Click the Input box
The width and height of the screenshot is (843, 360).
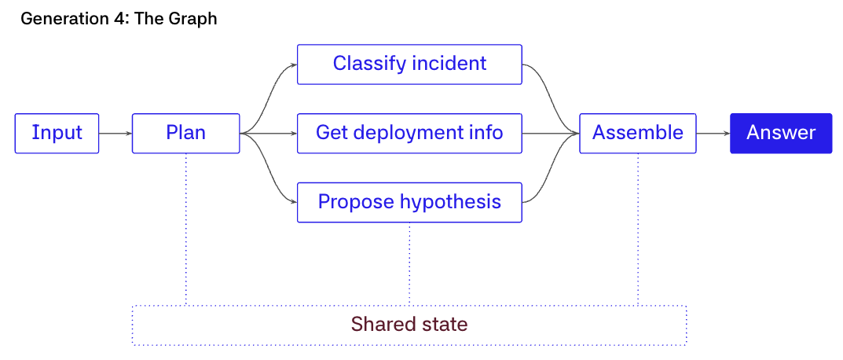point(57,134)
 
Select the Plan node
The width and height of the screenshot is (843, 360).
point(186,134)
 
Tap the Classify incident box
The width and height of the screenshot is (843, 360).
point(409,64)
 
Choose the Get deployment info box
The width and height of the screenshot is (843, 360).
point(409,134)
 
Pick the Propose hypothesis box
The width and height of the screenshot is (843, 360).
point(409,202)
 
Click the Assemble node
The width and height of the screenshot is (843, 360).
point(638,134)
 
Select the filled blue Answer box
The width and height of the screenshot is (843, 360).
point(781,134)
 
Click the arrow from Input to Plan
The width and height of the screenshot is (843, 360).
point(115,134)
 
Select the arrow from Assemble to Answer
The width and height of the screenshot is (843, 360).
point(713,134)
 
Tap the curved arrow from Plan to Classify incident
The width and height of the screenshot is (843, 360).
point(268,99)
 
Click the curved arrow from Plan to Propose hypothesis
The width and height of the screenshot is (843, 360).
point(268,168)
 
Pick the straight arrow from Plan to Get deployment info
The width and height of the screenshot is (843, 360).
point(268,134)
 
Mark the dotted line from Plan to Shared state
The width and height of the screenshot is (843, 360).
point(186,230)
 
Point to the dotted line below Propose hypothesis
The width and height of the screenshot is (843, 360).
point(409,263)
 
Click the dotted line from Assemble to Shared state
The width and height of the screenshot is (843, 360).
point(638,230)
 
